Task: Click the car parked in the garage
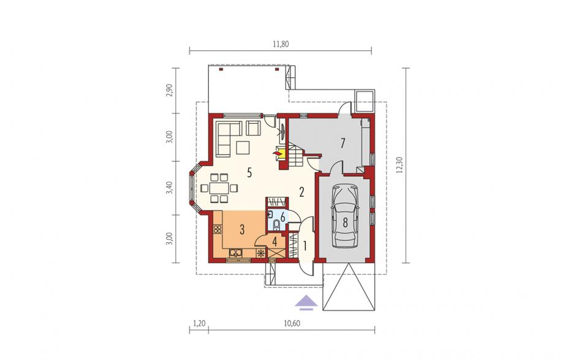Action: point(345,216)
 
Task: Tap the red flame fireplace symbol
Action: point(276,152)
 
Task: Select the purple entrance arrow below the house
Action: point(306,302)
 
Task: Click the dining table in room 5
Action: point(219,188)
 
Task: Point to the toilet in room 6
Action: point(276,224)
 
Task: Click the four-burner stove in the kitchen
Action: point(218,229)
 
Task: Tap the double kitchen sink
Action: point(235,253)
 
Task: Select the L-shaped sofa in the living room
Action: point(229,138)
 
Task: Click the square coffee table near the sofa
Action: point(243,147)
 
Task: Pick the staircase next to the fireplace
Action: point(295,156)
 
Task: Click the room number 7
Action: point(343,143)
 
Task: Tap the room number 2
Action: point(301,192)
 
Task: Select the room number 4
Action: point(275,242)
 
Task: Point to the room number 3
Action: point(242,230)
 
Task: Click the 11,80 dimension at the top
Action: point(281,45)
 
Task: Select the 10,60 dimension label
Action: point(292,323)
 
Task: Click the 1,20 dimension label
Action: point(199,323)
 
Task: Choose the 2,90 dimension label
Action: point(169,90)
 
